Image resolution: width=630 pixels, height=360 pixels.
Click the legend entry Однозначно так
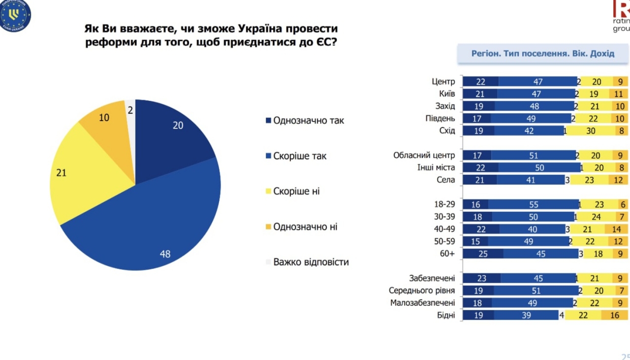coord(308,121)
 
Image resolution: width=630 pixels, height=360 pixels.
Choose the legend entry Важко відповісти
coord(311,262)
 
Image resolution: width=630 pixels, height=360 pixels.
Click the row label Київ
coord(446,94)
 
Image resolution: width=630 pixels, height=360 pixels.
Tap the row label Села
coord(446,180)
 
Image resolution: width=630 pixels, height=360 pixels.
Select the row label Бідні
coord(445,316)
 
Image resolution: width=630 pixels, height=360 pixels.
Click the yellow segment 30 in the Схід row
coord(590,131)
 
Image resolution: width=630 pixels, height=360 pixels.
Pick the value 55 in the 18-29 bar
coord(534,205)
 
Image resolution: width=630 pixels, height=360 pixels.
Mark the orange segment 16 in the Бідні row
coord(614,316)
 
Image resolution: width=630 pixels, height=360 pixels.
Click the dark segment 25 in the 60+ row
coord(483,254)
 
